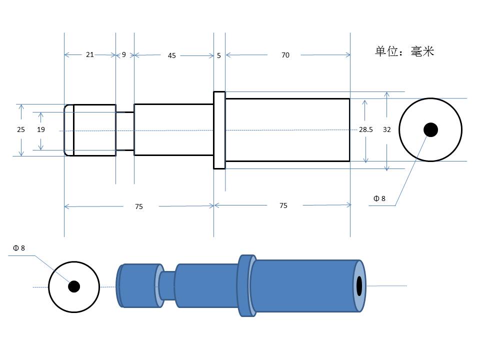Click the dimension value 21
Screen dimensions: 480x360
tap(89, 54)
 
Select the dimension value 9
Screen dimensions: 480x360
tap(123, 54)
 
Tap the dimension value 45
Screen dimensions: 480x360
tap(171, 55)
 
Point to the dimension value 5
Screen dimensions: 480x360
tap(219, 55)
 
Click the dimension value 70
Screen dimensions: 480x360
tap(285, 55)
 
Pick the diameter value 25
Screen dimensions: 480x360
tap(21, 129)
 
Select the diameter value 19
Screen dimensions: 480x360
tap(40, 129)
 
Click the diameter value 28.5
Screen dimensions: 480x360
tap(366, 129)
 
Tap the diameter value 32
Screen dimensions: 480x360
tap(387, 129)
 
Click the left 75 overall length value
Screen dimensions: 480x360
tap(139, 206)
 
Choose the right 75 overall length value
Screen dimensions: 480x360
tap(283, 205)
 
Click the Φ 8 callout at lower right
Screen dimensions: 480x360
tap(379, 198)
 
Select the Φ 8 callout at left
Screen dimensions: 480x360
tap(19, 248)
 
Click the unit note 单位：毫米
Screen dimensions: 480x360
tap(404, 51)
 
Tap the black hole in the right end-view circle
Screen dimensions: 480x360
tap(430, 130)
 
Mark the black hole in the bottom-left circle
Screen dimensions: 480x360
tap(74, 286)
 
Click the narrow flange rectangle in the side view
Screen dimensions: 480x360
tap(219, 130)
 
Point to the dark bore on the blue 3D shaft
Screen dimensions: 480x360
tap(359, 286)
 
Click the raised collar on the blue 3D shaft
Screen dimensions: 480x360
tap(246, 285)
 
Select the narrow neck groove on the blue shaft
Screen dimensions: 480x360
tap(167, 285)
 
